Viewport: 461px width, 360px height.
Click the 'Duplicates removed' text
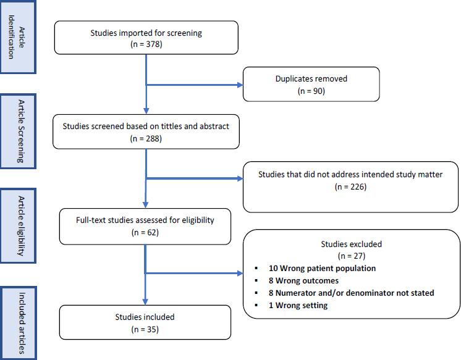click(x=311, y=78)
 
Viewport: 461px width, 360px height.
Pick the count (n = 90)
click(x=311, y=90)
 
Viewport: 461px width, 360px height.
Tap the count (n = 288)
click(x=145, y=138)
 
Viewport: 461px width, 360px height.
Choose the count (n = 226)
click(x=350, y=186)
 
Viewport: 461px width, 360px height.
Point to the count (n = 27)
click(x=351, y=256)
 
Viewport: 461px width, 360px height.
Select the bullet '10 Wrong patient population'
click(x=322, y=268)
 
